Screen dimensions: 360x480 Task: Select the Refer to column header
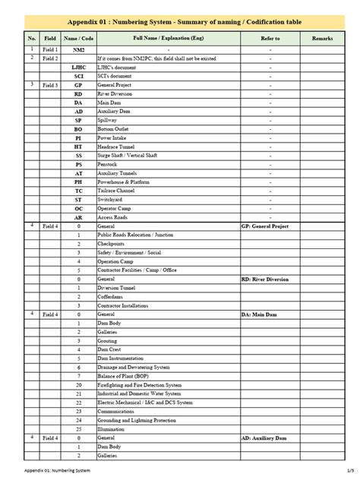tap(270, 37)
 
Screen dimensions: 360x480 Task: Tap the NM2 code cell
tap(78, 49)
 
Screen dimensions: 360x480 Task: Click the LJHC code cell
tap(78, 68)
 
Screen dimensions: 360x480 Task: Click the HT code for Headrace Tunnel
tap(78, 147)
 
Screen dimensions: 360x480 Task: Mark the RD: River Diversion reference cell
tap(265, 279)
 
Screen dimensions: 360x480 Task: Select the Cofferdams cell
tap(110, 297)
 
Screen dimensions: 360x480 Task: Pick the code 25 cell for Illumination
tap(78, 429)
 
